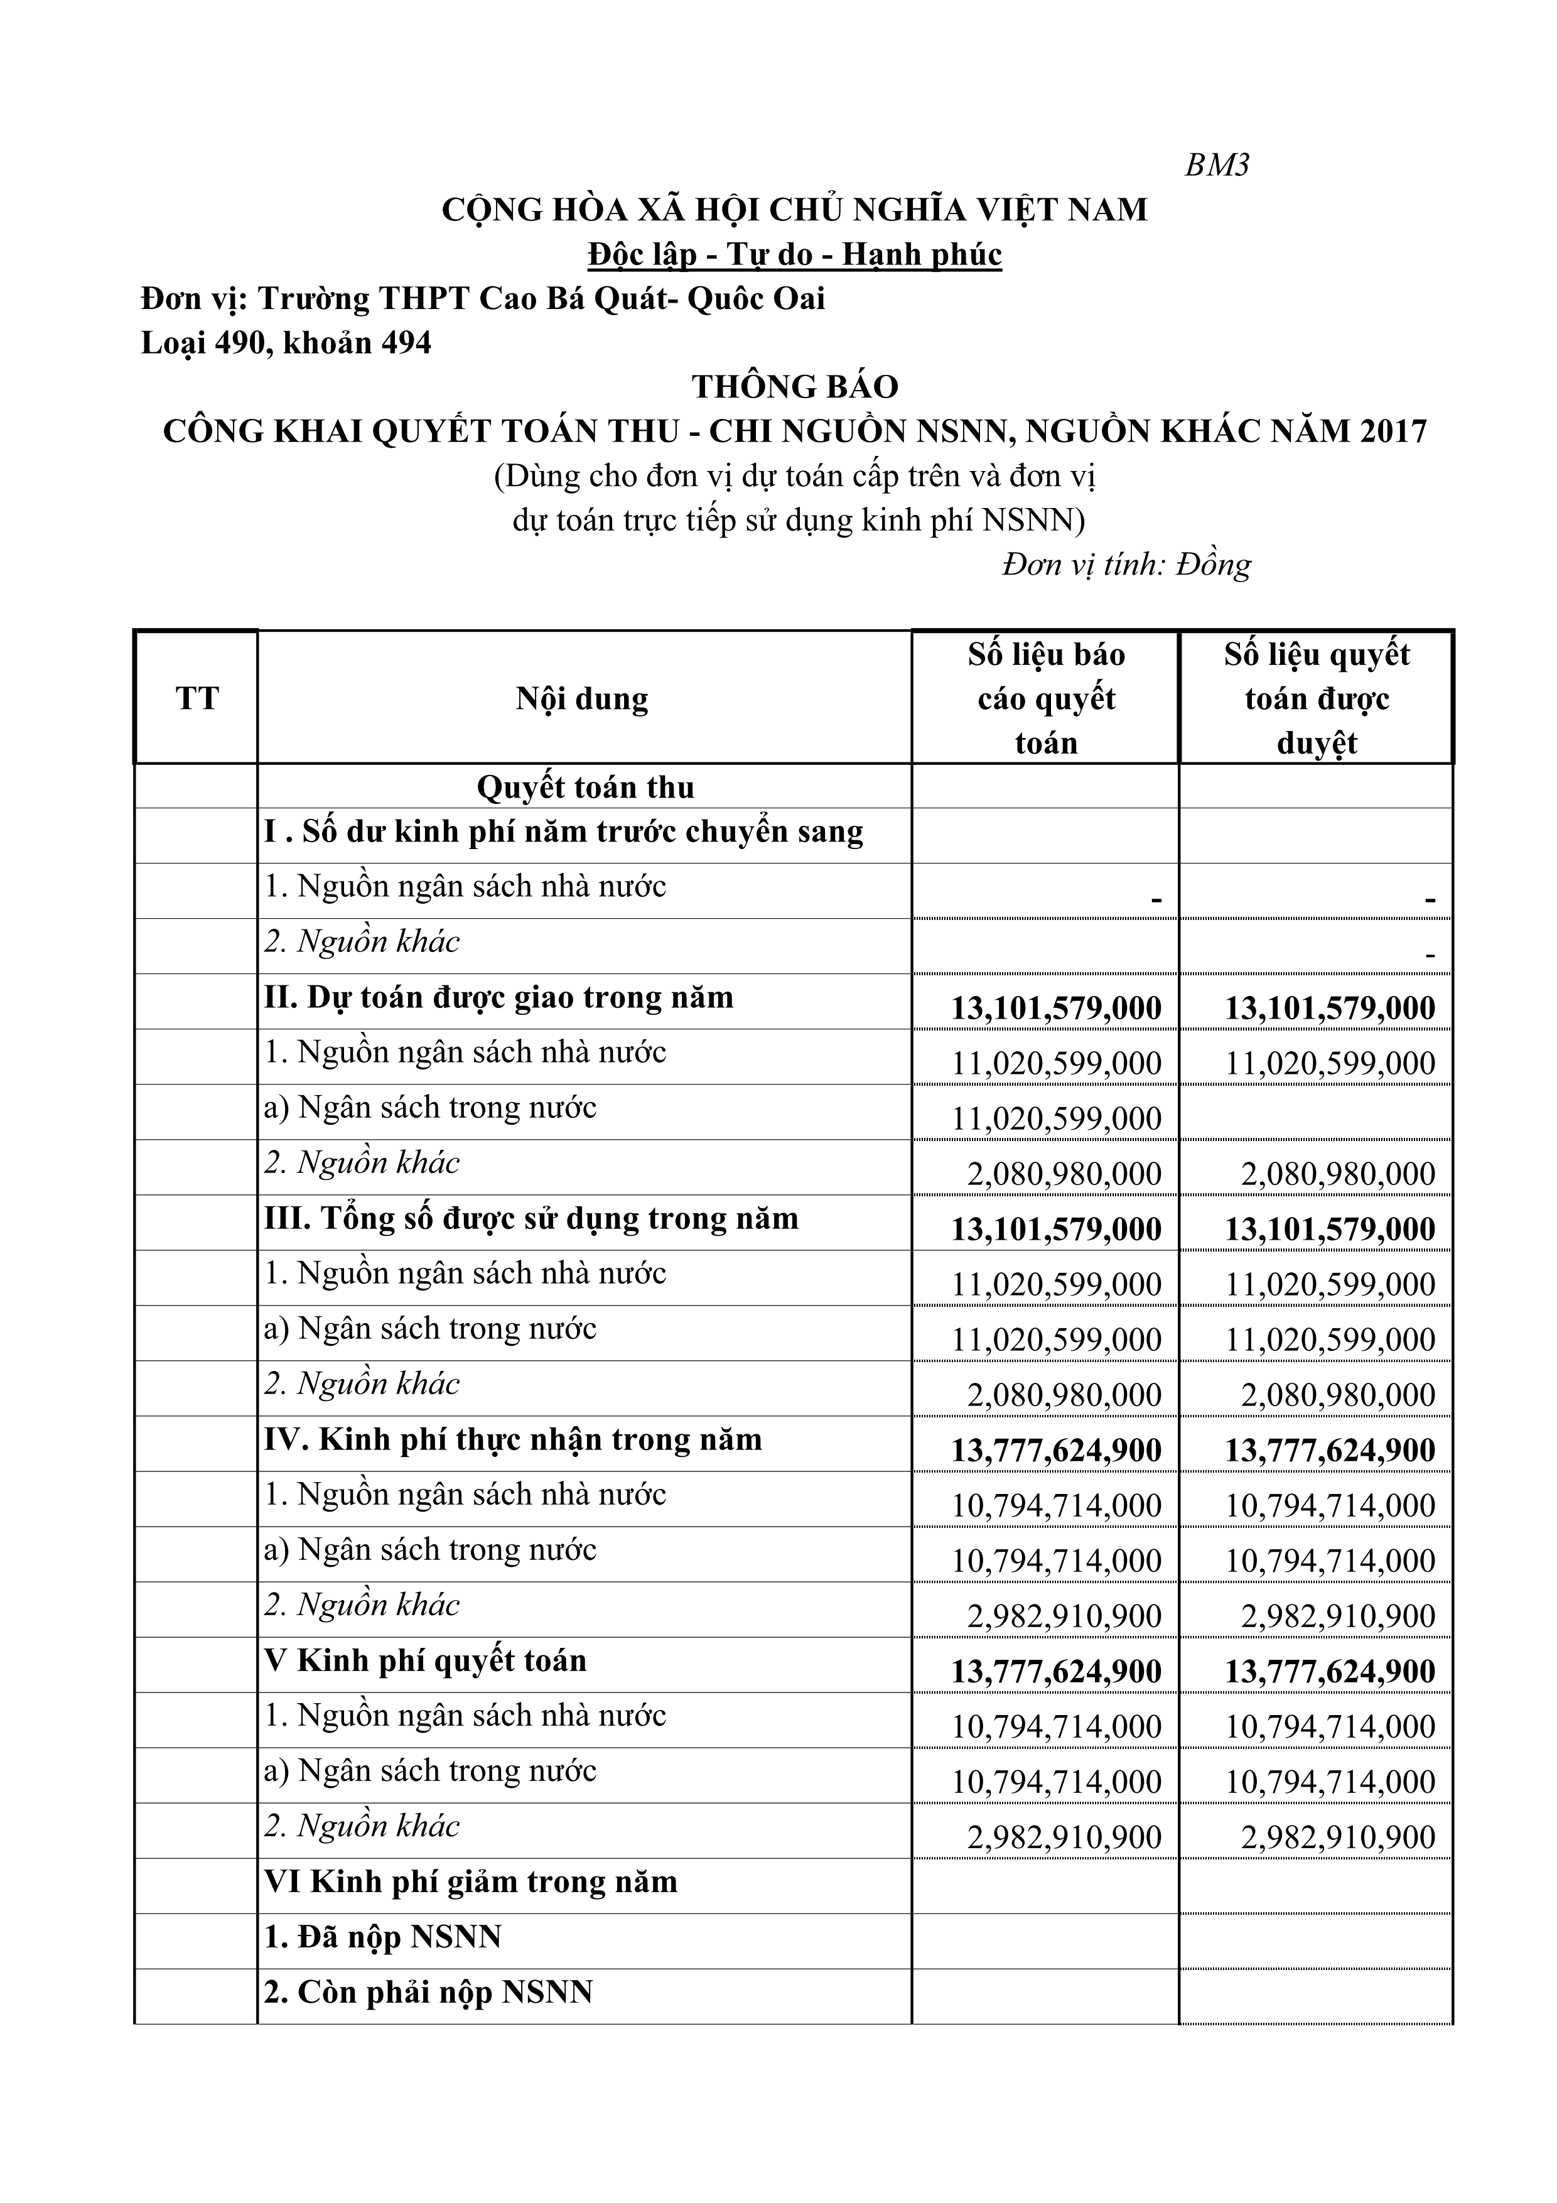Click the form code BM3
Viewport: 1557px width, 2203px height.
pyautogui.click(x=1217, y=166)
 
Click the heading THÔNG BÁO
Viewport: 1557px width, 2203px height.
pyautogui.click(x=794, y=387)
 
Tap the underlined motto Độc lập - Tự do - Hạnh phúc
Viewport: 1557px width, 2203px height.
pyautogui.click(x=794, y=254)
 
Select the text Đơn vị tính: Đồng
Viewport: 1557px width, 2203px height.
pyautogui.click(x=1126, y=564)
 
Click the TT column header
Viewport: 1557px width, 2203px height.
pyautogui.click(x=197, y=698)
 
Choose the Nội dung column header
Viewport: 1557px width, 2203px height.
pyautogui.click(x=583, y=698)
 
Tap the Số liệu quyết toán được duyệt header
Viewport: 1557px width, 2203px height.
pyautogui.click(x=1316, y=698)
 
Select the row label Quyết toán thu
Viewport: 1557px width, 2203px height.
pyautogui.click(x=585, y=788)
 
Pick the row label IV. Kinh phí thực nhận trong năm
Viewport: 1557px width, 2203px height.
pyautogui.click(x=513, y=1439)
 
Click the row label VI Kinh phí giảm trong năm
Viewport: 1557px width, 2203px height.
pyautogui.click(x=471, y=1881)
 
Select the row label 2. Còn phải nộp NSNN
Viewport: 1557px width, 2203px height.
pyautogui.click(x=428, y=1993)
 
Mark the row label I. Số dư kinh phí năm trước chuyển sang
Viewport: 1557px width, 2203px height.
pyautogui.click(x=564, y=831)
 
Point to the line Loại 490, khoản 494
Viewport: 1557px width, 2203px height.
pyautogui.click(x=286, y=342)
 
